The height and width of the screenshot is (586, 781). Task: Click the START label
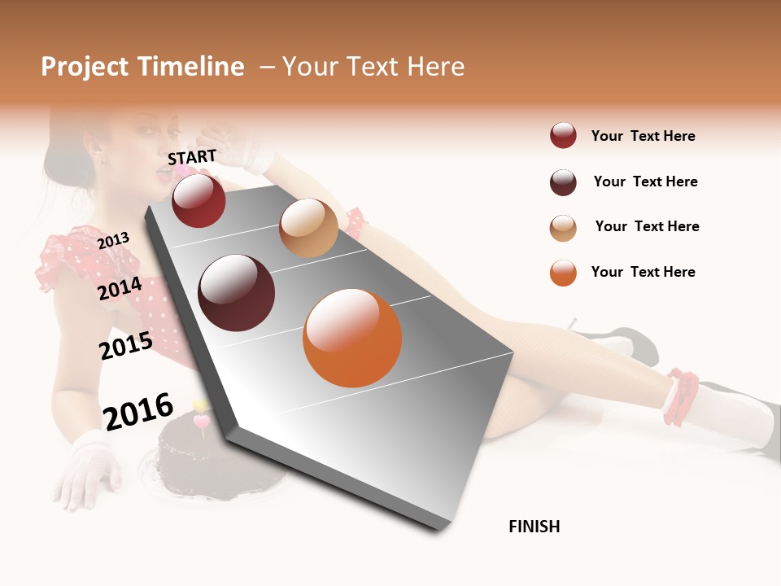click(192, 157)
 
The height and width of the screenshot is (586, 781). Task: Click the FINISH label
click(534, 527)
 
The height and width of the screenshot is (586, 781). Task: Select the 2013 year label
click(113, 240)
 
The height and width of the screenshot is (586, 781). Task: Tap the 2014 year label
click(120, 288)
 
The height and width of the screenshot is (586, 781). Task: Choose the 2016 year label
click(138, 412)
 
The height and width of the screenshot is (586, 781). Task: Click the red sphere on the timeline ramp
click(199, 200)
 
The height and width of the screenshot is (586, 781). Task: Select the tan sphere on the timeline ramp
click(308, 228)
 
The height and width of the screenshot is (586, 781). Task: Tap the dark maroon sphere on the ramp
click(237, 293)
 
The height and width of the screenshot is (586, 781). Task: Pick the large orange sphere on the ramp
click(352, 338)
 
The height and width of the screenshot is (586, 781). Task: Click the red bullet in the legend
click(563, 136)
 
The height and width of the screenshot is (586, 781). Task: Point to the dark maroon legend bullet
click(563, 182)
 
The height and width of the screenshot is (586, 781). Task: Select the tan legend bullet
click(563, 228)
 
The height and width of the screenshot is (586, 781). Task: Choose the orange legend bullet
click(563, 273)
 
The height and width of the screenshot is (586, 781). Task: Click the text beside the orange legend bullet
click(643, 272)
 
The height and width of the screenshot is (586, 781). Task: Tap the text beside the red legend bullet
click(643, 136)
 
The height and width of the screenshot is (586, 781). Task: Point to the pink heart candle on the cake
click(201, 421)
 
